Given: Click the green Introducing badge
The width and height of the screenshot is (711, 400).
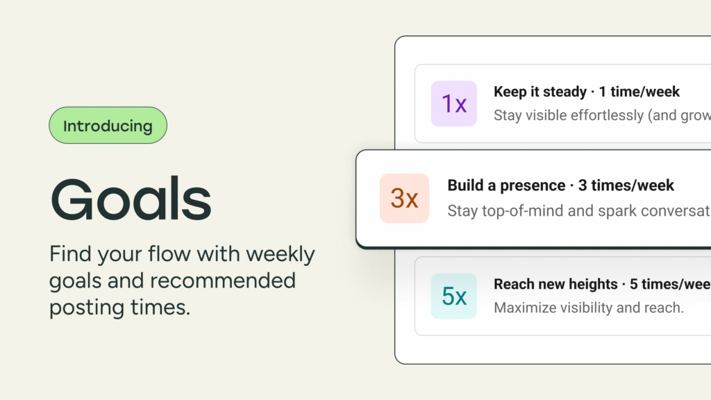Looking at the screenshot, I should point(108,126).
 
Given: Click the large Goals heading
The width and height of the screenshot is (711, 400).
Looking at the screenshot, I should point(131,199).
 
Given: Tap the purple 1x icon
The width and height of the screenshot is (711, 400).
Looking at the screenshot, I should point(454,103).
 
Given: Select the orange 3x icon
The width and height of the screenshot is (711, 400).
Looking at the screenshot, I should point(404,199).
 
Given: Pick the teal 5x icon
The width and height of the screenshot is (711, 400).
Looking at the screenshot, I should point(454,297).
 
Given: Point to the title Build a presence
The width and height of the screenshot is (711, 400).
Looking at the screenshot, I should point(506,185).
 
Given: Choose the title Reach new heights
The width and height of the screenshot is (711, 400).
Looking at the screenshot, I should point(555,284).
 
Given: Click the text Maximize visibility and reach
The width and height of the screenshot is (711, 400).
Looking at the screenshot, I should point(589,307).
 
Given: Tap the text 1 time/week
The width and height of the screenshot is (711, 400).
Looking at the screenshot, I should point(639,92).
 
